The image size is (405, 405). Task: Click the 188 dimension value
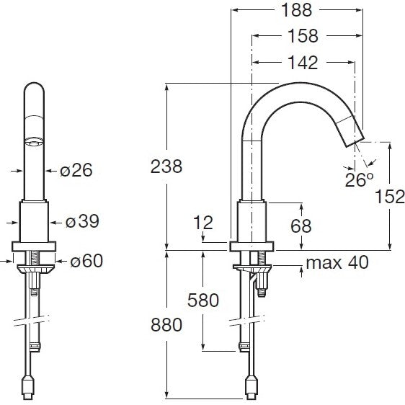click(x=296, y=10)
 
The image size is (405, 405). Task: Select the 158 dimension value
click(x=303, y=36)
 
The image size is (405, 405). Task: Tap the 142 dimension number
click(x=303, y=63)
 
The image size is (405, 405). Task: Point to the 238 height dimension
click(x=166, y=166)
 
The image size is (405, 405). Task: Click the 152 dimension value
click(x=389, y=196)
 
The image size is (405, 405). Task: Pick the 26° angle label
click(x=360, y=179)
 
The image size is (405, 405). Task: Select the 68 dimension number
click(x=301, y=226)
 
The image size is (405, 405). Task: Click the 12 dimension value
click(x=203, y=223)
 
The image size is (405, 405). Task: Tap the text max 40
click(x=337, y=262)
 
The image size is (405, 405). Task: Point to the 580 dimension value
click(x=203, y=300)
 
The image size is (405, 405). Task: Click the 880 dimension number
click(x=166, y=325)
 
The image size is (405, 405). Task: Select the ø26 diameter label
click(x=76, y=170)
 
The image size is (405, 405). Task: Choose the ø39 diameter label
click(x=82, y=221)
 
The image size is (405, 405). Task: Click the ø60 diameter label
click(x=86, y=261)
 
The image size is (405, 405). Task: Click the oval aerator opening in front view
click(x=34, y=142)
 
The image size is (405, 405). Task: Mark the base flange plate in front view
click(x=34, y=246)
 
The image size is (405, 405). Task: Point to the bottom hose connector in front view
click(x=28, y=387)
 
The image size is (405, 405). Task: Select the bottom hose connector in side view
click(x=251, y=387)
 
